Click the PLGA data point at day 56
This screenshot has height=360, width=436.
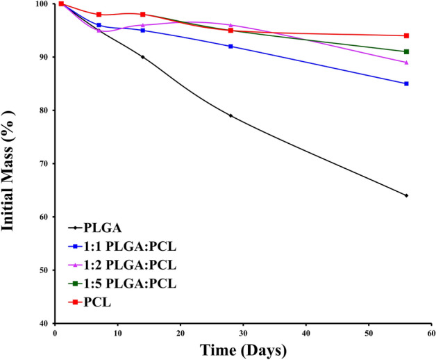click(406, 195)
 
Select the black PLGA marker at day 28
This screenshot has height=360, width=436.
click(230, 115)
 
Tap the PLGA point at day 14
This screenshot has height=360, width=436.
click(143, 57)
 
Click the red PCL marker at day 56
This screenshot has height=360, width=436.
click(406, 35)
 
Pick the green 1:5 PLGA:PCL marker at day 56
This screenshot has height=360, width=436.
click(406, 51)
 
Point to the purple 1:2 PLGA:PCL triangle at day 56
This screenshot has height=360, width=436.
click(406, 62)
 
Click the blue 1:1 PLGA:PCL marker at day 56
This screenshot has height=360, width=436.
click(406, 83)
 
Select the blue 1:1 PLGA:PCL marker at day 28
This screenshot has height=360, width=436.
click(230, 47)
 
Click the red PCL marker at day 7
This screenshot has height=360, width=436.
click(99, 15)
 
